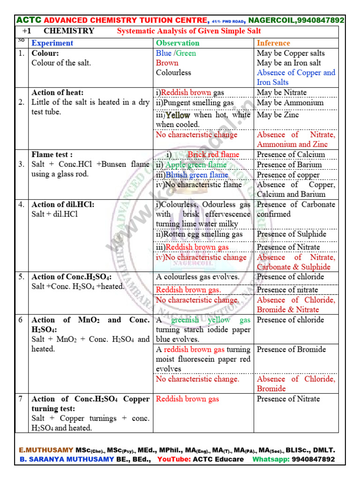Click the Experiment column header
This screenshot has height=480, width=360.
point(52,43)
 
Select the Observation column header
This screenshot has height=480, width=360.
point(177,43)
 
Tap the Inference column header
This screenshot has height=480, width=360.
point(273,43)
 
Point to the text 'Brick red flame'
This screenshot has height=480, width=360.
point(213,155)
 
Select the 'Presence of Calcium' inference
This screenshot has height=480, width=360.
point(291,155)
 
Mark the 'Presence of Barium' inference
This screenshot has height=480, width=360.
point(289,165)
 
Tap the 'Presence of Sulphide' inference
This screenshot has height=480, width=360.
point(292,234)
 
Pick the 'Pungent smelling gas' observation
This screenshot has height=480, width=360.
point(195,103)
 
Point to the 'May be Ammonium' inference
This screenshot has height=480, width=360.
point(290,103)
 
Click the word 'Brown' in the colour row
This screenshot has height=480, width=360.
point(167,63)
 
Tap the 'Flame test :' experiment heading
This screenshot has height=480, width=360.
point(52,155)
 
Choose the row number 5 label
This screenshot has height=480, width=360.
point(21,277)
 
